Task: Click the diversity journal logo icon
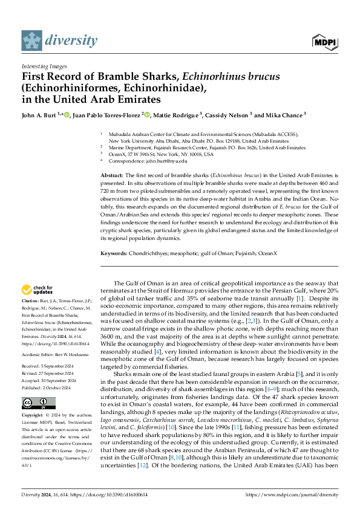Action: point(32,41)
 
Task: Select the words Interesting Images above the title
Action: point(44,66)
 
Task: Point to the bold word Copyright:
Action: point(33,416)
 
